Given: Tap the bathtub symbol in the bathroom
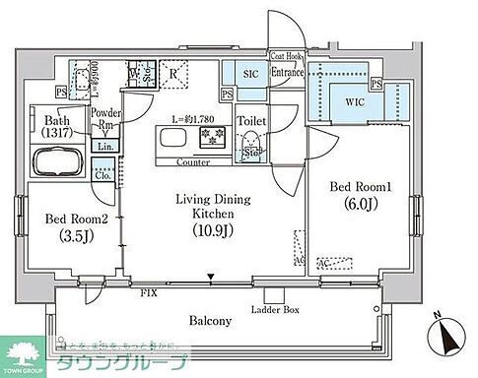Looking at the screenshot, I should coord(58,162).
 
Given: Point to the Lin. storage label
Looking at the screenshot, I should coord(103,147).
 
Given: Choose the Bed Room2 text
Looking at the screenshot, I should coord(72,216).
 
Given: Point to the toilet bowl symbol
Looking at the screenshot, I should coord(252,142).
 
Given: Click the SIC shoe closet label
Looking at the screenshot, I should coord(240,73).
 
